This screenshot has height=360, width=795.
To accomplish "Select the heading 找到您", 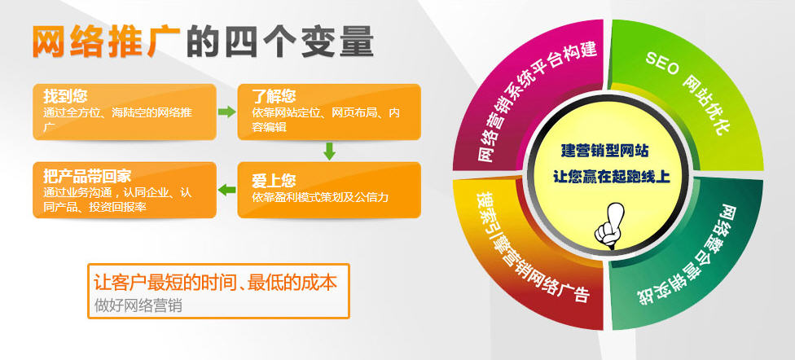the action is pyautogui.click(x=65, y=96).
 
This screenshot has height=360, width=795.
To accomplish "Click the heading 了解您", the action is pyautogui.click(x=274, y=96).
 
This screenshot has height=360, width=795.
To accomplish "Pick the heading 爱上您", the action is pyautogui.click(x=274, y=181).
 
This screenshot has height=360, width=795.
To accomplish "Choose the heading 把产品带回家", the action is pyautogui.click(x=87, y=176).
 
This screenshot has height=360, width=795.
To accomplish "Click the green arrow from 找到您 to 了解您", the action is pyautogui.click(x=227, y=112).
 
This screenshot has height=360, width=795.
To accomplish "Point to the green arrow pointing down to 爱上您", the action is pyautogui.click(x=330, y=151).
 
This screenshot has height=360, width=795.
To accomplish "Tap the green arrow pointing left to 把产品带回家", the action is pyautogui.click(x=227, y=190).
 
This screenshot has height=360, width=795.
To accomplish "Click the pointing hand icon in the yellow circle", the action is pyautogui.click(x=609, y=225).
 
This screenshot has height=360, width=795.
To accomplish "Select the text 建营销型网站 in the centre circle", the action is pyautogui.click(x=604, y=151).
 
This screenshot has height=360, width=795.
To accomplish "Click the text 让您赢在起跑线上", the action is pyautogui.click(x=611, y=177).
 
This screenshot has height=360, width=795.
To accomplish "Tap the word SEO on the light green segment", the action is pyautogui.click(x=662, y=64).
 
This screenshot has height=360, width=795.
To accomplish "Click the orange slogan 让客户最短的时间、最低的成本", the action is pyautogui.click(x=216, y=283).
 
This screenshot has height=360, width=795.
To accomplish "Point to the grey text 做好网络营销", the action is pyautogui.click(x=138, y=305).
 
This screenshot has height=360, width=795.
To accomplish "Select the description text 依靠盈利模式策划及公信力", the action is pyautogui.click(x=320, y=197).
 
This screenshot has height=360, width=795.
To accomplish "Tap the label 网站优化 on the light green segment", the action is pyautogui.click(x=709, y=105).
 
